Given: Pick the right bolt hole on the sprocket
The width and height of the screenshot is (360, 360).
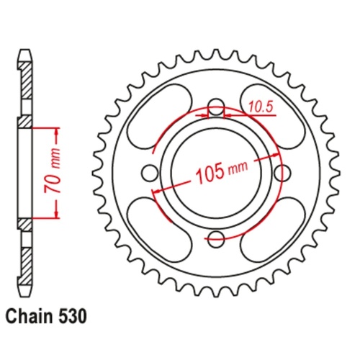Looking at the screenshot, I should click(281, 174).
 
